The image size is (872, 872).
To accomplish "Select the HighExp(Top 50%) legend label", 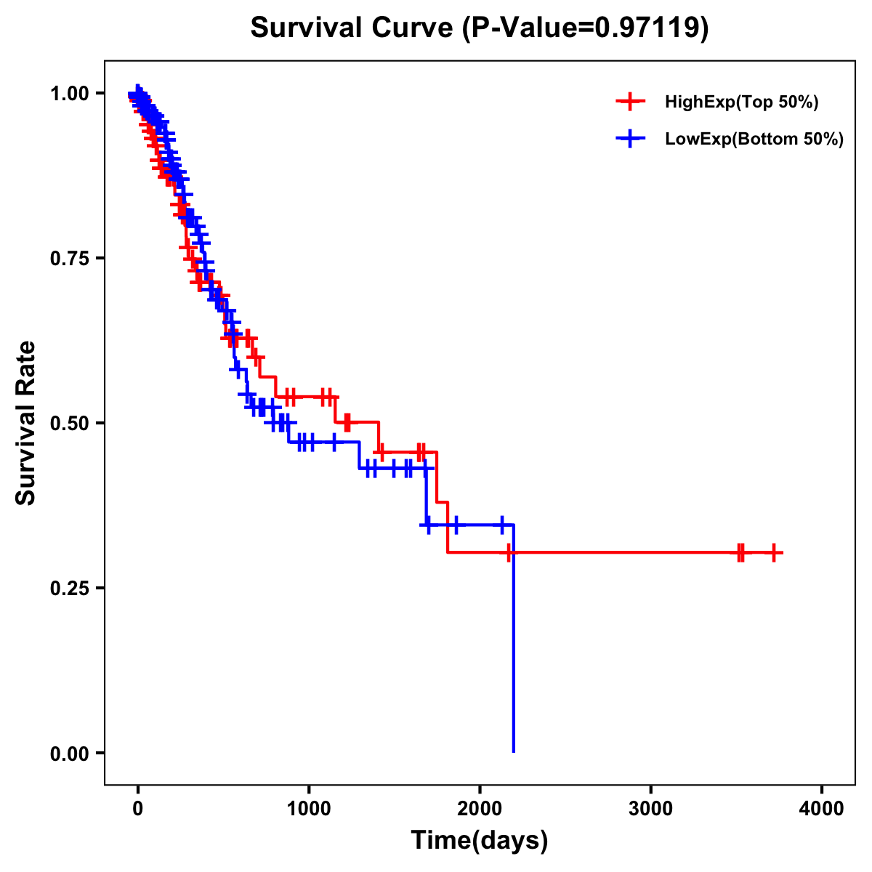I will (x=741, y=102).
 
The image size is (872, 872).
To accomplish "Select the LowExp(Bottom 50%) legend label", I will (x=754, y=140).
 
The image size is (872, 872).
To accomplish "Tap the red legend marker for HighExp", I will (x=630, y=102).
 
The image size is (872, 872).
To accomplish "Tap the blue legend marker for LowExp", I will (x=630, y=139).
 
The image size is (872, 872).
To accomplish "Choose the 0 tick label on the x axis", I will (x=137, y=809).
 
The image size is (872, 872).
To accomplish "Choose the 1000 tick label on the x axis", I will (x=309, y=809).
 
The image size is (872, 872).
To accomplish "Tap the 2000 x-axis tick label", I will (x=480, y=809).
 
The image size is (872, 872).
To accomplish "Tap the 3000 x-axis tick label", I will (x=650, y=809).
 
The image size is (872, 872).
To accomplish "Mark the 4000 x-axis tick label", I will (x=822, y=809).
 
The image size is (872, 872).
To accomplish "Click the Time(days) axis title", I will (x=480, y=841).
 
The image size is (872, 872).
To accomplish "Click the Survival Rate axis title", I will (x=26, y=423).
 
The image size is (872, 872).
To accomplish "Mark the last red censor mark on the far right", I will (x=774, y=553).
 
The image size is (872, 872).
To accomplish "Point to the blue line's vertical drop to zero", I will (x=514, y=654).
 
